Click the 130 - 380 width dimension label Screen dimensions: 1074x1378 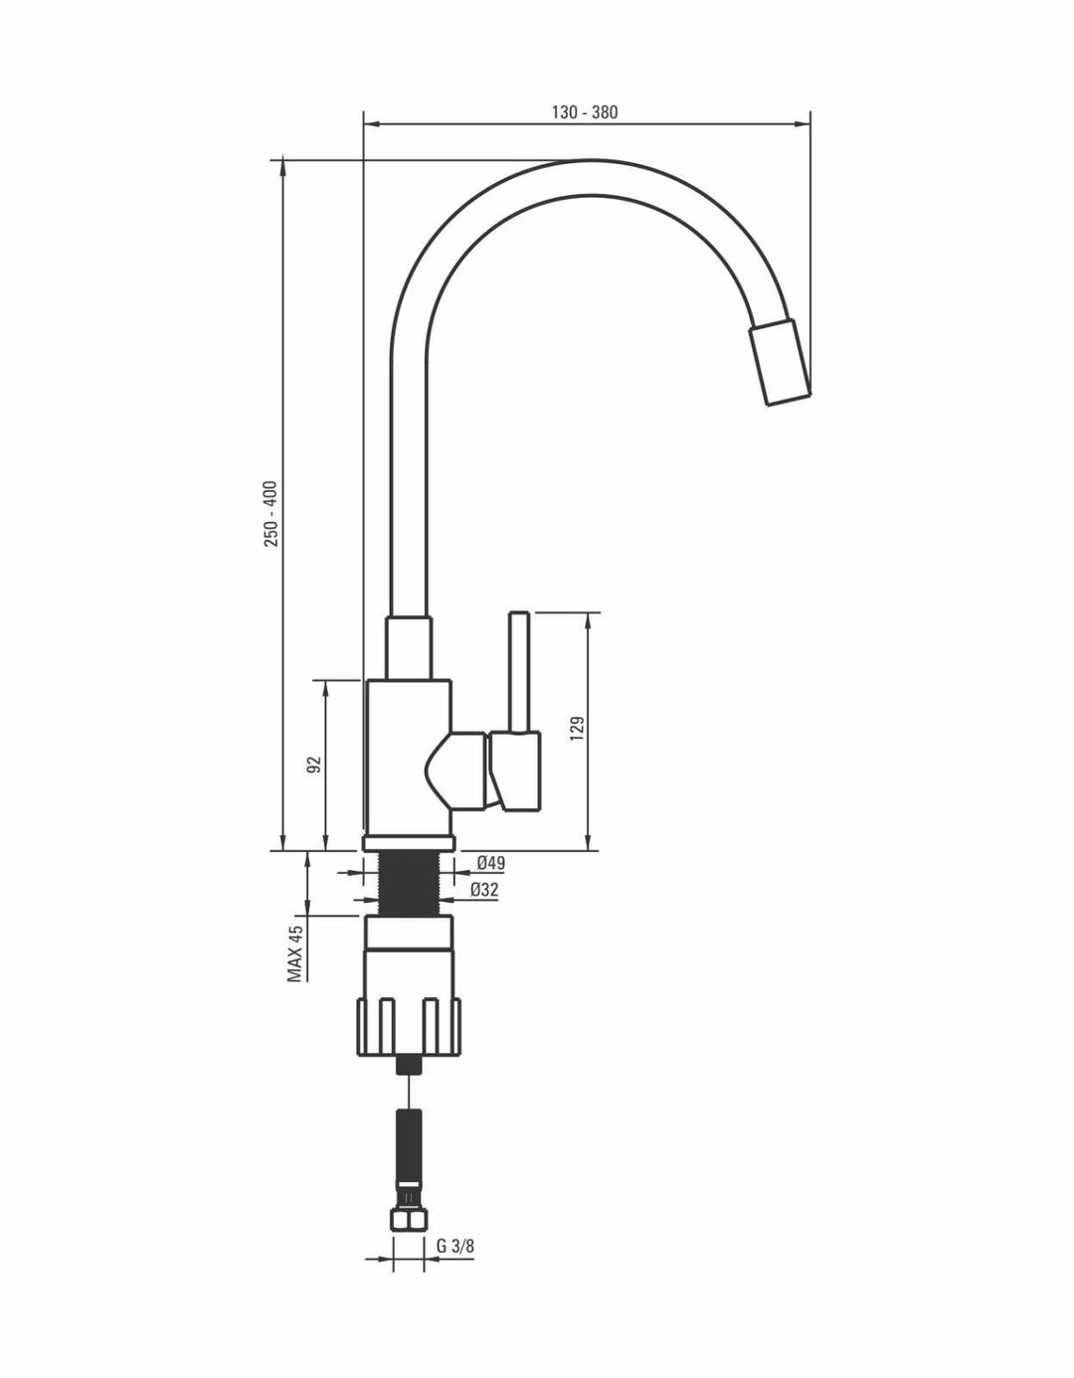(x=584, y=112)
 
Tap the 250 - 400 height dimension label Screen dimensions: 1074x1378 (x=271, y=514)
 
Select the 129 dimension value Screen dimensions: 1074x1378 (x=578, y=730)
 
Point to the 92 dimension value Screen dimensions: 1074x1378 (x=314, y=765)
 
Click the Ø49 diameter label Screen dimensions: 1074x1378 (x=491, y=862)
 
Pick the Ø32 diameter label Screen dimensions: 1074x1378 (x=484, y=891)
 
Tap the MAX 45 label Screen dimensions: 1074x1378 (x=295, y=953)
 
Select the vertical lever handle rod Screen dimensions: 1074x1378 (x=519, y=672)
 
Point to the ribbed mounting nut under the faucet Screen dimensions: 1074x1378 (x=409, y=1027)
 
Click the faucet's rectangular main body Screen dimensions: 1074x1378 (x=408, y=759)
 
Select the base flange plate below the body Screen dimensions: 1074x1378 (x=409, y=843)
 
